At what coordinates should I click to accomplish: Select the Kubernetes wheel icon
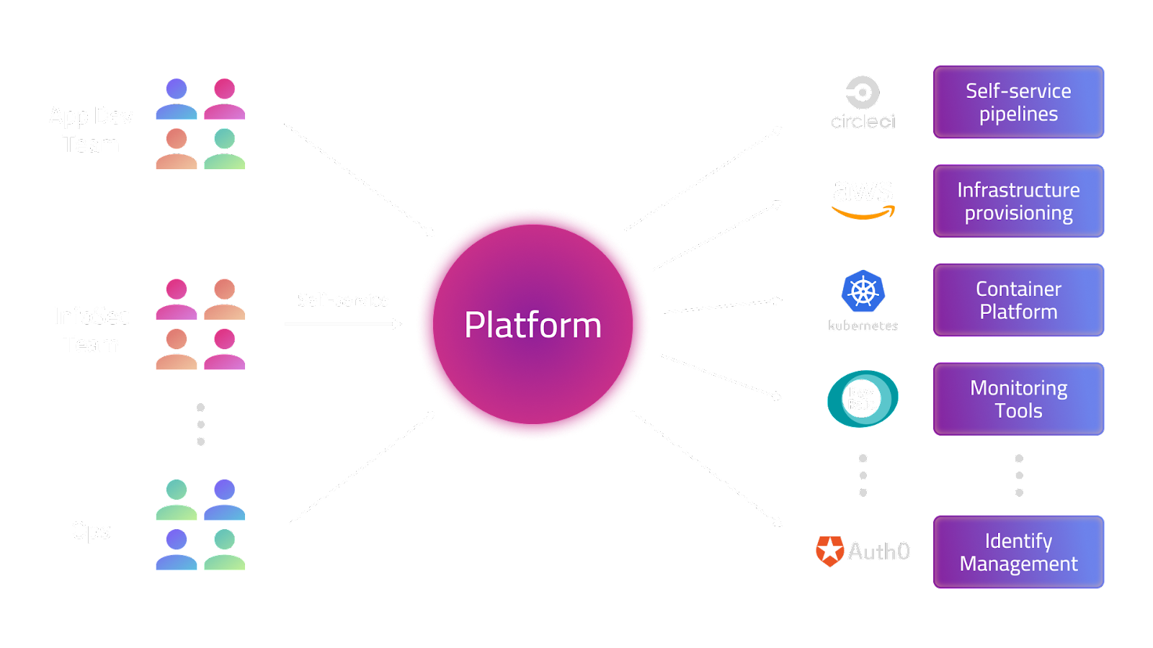[863, 292]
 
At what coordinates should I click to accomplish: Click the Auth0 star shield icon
[829, 552]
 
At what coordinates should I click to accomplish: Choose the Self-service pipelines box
[1018, 102]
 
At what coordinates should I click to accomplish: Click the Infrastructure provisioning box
[1018, 202]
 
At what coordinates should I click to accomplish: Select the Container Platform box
[1018, 300]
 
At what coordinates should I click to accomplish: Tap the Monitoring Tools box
[1018, 399]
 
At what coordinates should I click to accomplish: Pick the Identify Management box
[1018, 552]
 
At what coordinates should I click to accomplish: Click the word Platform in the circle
[533, 325]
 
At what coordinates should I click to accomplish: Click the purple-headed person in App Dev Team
[177, 99]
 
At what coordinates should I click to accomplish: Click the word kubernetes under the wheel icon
[863, 326]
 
